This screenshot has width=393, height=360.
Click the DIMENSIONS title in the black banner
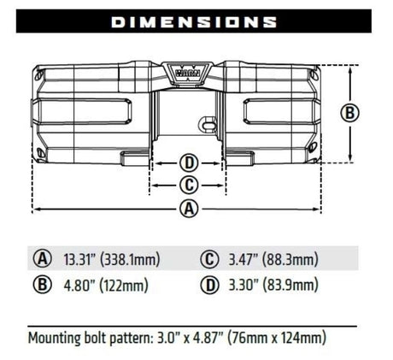pos(194,22)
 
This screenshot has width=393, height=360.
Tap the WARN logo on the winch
pos(187,73)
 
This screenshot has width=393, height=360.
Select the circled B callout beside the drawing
pos(350,113)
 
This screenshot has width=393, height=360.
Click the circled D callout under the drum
pos(189,163)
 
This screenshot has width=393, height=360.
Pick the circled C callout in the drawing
pos(189,186)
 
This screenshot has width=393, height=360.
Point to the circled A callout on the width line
pos(189,209)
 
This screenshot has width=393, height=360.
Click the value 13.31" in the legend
pos(79,259)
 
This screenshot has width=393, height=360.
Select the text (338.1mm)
pos(130,260)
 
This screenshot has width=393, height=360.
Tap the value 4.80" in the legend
pos(79,285)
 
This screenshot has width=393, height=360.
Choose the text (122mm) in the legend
pos(124,285)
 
